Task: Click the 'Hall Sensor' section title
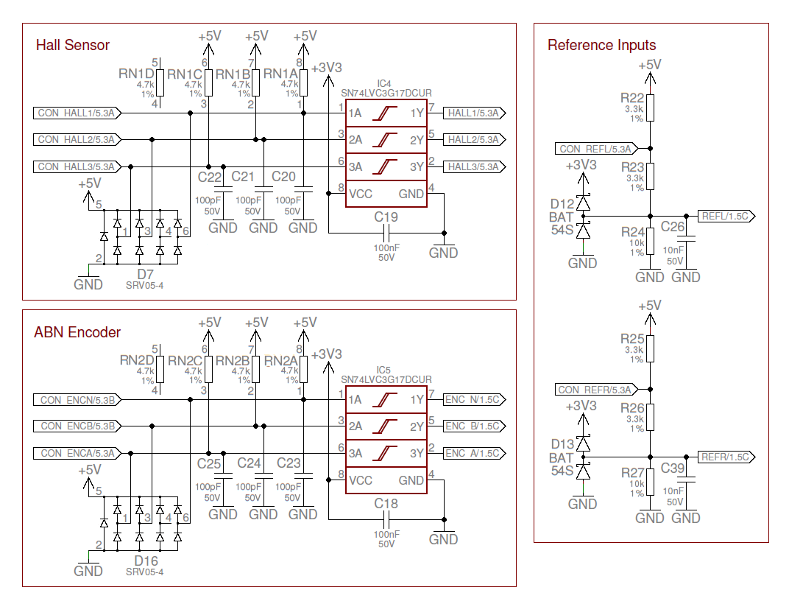tap(73, 46)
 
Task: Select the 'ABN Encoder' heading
tap(77, 332)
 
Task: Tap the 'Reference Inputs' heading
tap(601, 46)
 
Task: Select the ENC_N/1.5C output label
tap(473, 399)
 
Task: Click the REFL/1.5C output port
tap(724, 217)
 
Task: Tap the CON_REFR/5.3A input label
tap(595, 390)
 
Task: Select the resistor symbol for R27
tap(650, 482)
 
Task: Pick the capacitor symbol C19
tap(386, 233)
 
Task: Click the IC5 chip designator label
tap(383, 370)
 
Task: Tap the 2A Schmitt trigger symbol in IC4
tap(386, 139)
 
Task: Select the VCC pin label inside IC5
tap(361, 480)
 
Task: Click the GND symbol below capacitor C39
tap(687, 517)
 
